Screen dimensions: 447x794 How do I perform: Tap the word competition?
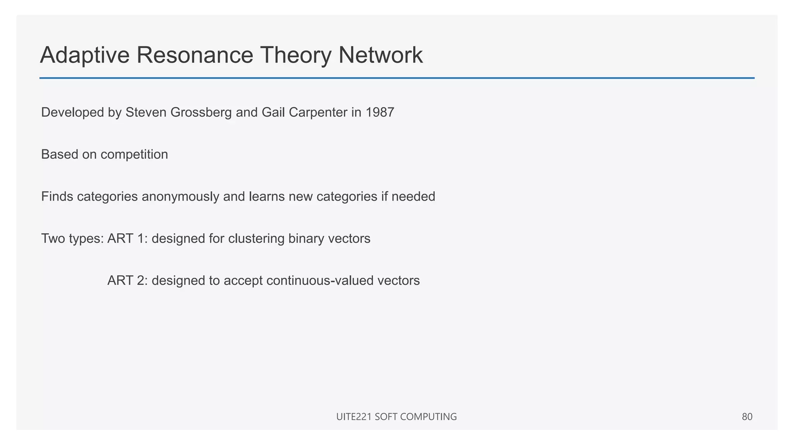pos(134,154)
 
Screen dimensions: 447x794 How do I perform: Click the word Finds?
pos(57,197)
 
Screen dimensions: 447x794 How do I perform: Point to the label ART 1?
pos(127,239)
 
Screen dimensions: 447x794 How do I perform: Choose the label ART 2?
pos(127,281)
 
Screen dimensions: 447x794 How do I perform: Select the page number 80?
pos(747,417)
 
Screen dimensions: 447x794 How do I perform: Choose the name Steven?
pos(146,113)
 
